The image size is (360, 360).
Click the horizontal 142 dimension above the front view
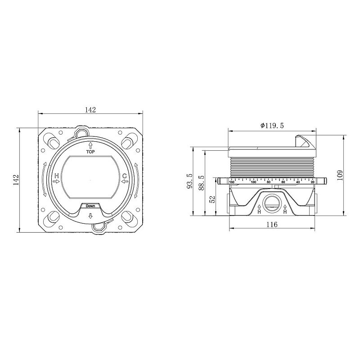(90, 110)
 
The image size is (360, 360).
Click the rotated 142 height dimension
(16, 180)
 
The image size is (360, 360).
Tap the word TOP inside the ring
(90, 152)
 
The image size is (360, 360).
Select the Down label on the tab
(90, 206)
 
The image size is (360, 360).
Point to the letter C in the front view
(125, 176)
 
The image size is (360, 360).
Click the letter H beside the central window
(57, 176)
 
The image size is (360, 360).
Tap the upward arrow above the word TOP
(90, 145)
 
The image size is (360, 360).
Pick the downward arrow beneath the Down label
(90, 216)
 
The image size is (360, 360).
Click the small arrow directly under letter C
(125, 182)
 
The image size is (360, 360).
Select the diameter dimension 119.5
(272, 126)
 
